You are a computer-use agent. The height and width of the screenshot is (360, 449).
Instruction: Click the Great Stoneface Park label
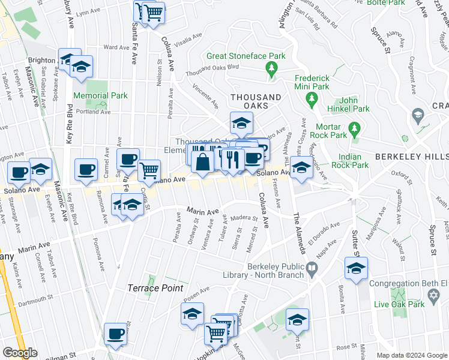[246, 56]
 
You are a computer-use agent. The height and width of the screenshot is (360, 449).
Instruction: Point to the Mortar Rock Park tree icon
[354, 128]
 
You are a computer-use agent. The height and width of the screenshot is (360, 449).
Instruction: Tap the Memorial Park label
[100, 95]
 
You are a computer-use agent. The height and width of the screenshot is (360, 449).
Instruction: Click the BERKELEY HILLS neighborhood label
[411, 156]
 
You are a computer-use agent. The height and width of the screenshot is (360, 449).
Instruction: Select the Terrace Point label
[155, 288]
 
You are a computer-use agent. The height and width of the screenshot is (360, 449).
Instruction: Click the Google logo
[20, 353]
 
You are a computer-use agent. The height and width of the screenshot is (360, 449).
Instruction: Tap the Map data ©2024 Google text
[412, 355]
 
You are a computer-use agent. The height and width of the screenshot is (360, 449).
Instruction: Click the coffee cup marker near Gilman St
[115, 334]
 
